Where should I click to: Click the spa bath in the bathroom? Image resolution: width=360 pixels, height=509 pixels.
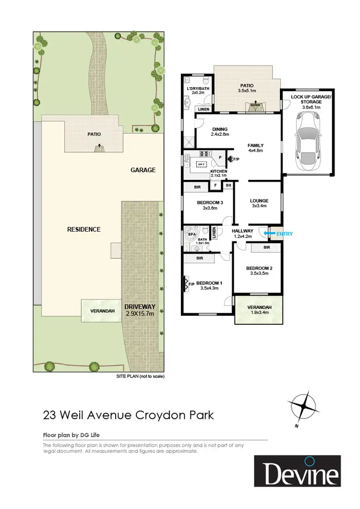pyautogui.click(x=192, y=237)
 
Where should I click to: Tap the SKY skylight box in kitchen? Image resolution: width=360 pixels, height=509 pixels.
pyautogui.click(x=200, y=165)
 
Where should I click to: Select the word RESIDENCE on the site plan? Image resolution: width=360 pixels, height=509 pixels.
pyautogui.click(x=84, y=229)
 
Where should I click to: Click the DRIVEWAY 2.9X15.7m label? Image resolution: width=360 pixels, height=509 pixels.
pyautogui.click(x=139, y=310)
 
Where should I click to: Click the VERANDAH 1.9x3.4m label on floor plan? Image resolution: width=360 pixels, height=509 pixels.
pyautogui.click(x=259, y=310)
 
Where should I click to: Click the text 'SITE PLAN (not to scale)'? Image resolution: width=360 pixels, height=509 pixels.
pyautogui.click(x=140, y=377)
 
